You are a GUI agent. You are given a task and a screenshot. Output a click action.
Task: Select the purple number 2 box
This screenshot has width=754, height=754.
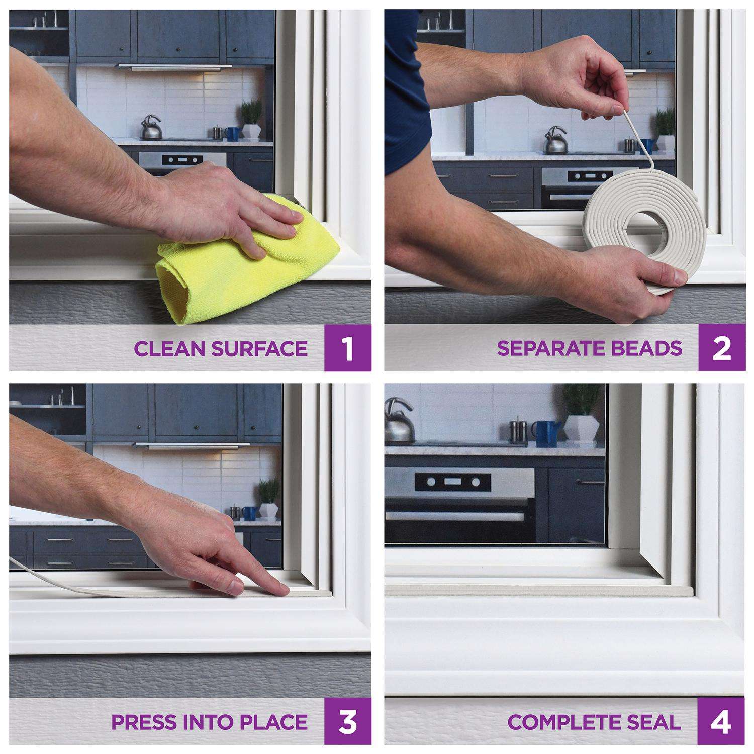[722, 348]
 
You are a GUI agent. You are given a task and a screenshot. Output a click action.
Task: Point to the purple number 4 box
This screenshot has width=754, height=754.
[722, 722]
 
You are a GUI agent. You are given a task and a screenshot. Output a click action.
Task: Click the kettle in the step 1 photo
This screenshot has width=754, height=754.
[150, 128]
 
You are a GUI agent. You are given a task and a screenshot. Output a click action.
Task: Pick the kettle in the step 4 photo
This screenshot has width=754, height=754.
[400, 420]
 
